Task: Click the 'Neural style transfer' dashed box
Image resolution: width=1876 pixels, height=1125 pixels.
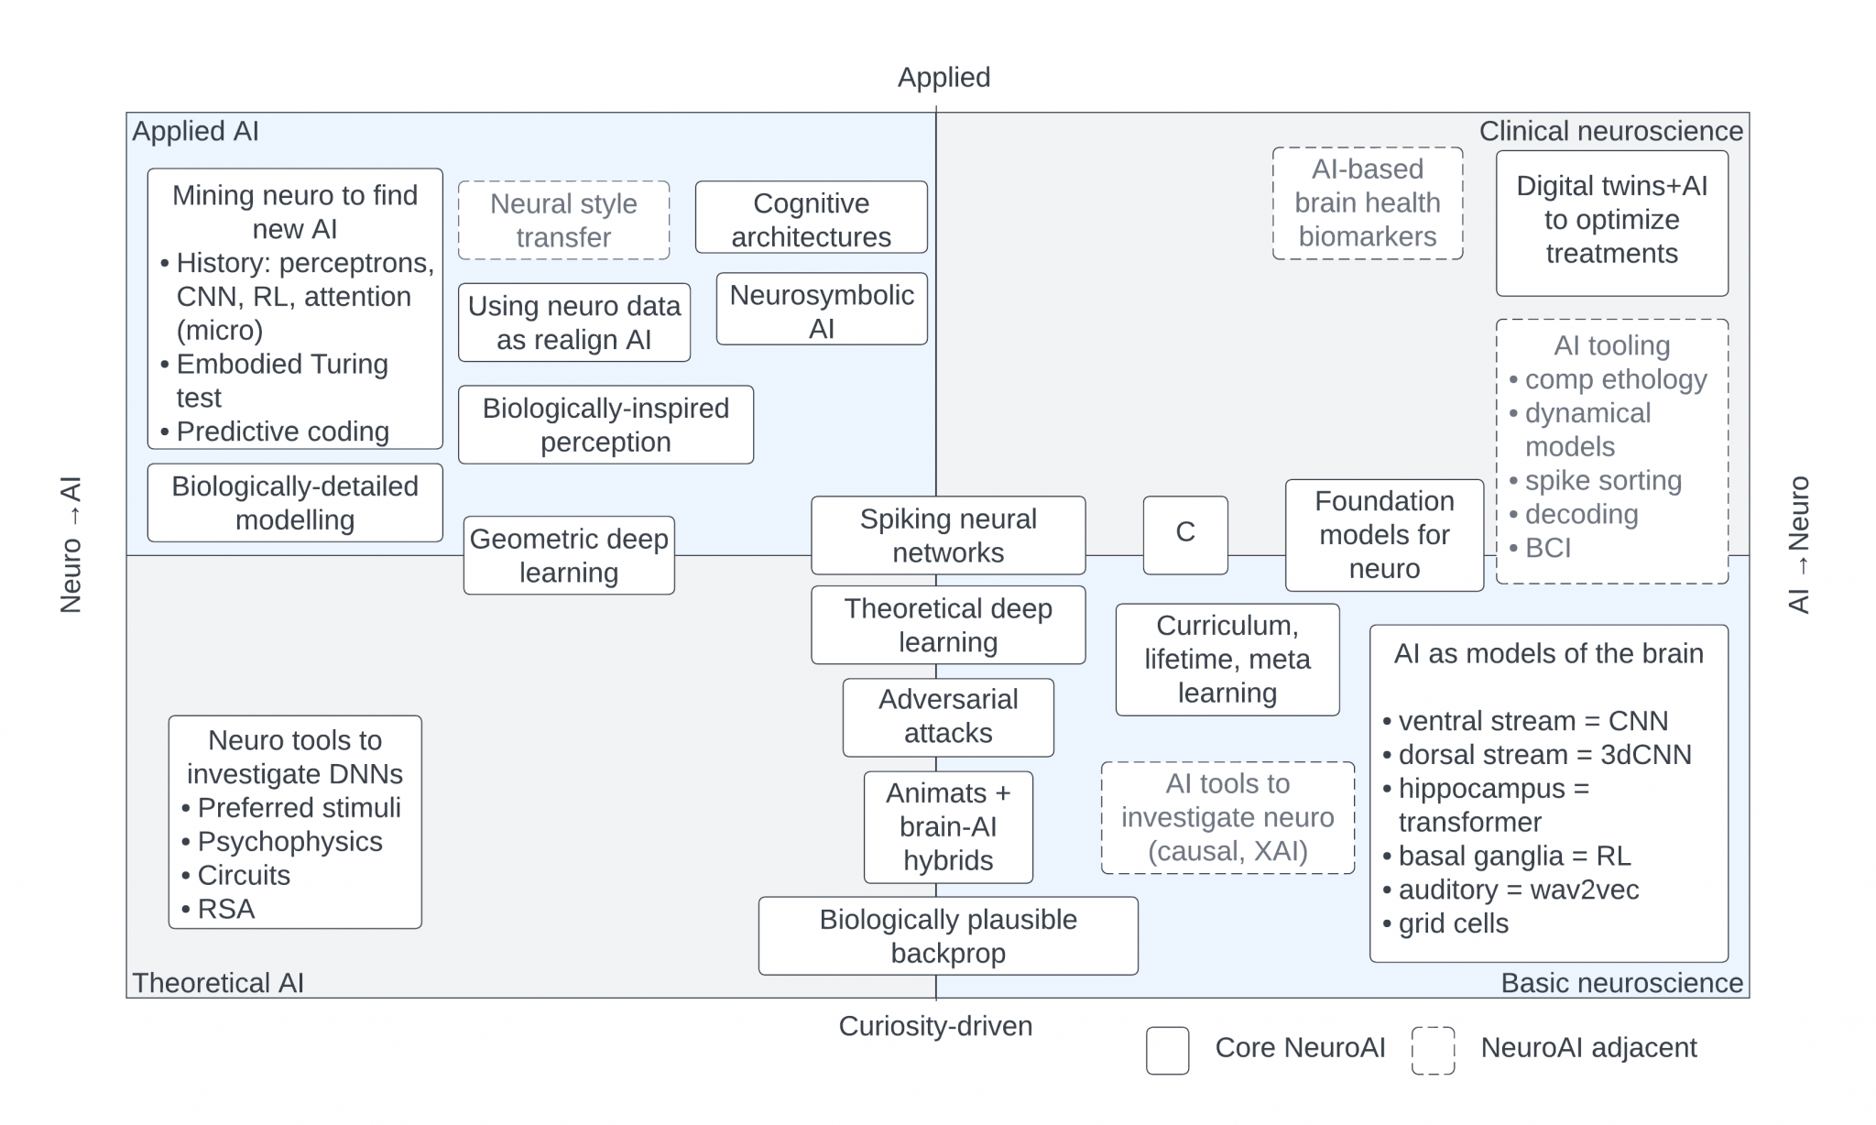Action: [563, 220]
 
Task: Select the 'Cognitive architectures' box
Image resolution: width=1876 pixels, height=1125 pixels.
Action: [811, 218]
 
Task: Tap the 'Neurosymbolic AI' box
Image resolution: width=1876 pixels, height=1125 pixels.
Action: [822, 310]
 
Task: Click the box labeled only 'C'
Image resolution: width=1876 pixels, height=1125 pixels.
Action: [1185, 535]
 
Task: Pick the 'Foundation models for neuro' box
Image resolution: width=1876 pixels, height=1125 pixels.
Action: [1384, 535]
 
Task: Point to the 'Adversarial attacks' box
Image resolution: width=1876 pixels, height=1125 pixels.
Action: [948, 716]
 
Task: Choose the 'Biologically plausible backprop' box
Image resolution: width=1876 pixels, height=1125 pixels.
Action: [948, 935]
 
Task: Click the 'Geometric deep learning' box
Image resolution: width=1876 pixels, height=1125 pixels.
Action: [569, 555]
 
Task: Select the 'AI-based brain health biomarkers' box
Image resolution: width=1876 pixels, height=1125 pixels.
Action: [1367, 203]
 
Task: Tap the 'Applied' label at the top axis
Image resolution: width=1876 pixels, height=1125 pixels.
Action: [943, 77]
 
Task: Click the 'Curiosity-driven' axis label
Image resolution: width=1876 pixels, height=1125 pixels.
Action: [935, 1025]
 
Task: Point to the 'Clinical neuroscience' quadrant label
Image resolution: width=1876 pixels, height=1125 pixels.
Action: [1610, 131]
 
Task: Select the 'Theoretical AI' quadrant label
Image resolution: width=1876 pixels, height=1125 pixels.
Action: [218, 982]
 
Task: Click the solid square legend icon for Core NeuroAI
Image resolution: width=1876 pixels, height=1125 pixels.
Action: [1167, 1050]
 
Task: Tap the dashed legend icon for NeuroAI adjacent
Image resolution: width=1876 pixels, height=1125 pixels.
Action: [1433, 1050]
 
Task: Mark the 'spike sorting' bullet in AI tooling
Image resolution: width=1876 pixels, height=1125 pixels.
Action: [1602, 480]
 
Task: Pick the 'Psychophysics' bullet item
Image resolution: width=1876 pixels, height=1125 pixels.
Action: [289, 841]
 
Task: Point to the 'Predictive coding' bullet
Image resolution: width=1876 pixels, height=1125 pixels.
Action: [282, 431]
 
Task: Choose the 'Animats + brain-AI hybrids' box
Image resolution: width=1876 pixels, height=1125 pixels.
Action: [948, 826]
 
